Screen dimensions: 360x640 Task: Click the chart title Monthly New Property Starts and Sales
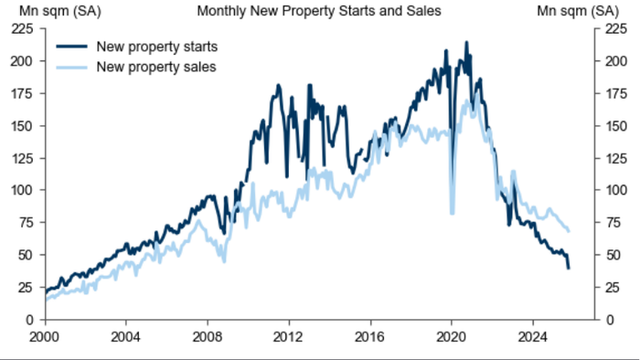(318, 11)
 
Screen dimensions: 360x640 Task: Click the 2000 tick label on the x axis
(46, 335)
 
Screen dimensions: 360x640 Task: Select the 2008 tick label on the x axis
(208, 335)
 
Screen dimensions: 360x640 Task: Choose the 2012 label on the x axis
(289, 335)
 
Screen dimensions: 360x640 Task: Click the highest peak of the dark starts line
(466, 42)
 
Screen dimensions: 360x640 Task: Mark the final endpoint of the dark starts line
(569, 268)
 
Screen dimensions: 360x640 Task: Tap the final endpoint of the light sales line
(569, 230)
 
